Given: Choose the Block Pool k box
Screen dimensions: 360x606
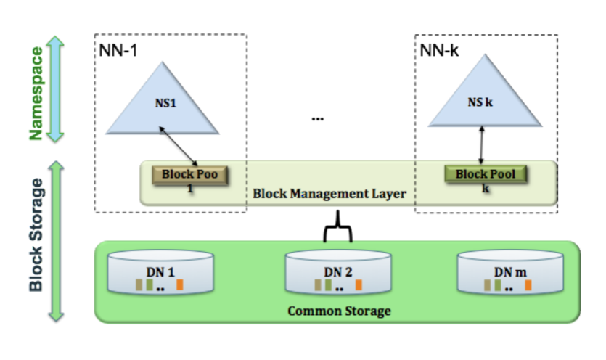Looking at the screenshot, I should [484, 174].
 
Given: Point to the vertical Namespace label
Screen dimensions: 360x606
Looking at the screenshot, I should [36, 89].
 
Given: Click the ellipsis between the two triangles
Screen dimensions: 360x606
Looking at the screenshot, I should [317, 118].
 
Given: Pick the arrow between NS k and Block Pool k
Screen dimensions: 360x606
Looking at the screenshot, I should [481, 145].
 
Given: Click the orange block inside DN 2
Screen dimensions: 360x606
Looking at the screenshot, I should [359, 285].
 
